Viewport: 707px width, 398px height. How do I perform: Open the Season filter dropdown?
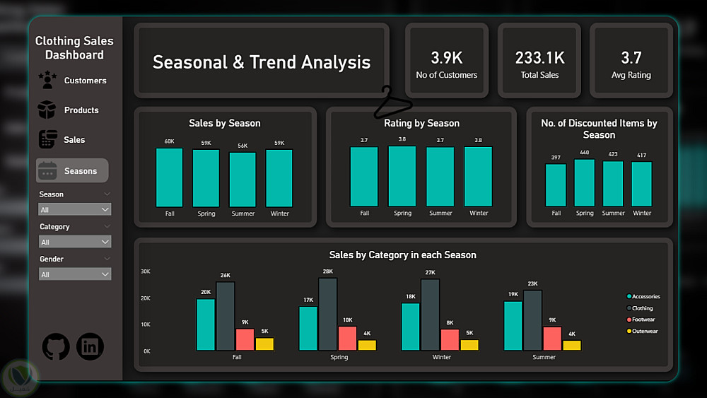click(75, 210)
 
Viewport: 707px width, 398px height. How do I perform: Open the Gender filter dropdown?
click(75, 274)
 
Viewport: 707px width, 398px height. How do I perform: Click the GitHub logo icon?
click(56, 346)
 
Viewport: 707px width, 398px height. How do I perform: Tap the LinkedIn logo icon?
click(90, 346)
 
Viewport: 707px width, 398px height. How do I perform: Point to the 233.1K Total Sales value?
click(539, 58)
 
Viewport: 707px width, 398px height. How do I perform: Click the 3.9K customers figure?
click(446, 58)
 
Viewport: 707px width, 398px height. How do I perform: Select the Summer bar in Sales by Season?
click(243, 180)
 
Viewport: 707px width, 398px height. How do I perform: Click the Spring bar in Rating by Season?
click(402, 176)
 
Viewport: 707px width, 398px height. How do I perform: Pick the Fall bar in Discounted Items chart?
click(556, 185)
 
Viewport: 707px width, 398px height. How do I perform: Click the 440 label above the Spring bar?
click(585, 153)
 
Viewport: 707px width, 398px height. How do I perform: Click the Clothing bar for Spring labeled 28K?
click(327, 313)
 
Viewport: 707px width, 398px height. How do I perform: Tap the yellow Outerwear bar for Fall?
click(264, 344)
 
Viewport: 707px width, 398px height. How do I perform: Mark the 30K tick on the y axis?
click(146, 271)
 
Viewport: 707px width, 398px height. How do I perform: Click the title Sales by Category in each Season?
click(402, 254)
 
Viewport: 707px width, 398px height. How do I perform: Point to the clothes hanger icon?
click(392, 103)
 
